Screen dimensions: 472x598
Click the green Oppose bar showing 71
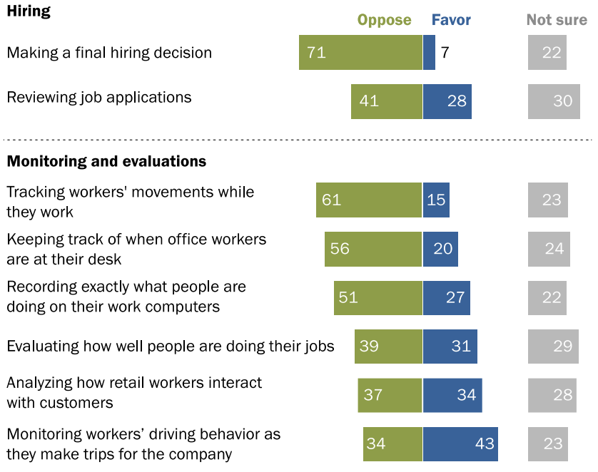[x=360, y=53]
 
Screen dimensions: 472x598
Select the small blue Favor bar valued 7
[x=429, y=53]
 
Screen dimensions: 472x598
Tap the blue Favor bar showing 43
[x=460, y=443]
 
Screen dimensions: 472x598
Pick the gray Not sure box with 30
[x=554, y=101]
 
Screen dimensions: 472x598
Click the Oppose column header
[x=385, y=20]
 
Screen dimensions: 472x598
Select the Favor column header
[x=451, y=20]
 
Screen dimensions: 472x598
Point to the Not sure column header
[x=557, y=20]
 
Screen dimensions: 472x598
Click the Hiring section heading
[x=29, y=12]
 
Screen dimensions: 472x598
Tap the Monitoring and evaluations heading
[x=106, y=161]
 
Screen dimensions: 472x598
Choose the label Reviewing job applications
[x=99, y=98]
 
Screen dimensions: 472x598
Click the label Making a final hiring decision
[x=109, y=53]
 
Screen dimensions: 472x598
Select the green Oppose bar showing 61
[x=369, y=200]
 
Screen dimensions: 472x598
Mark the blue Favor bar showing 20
[x=440, y=249]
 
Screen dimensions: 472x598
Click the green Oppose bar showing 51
[x=378, y=297]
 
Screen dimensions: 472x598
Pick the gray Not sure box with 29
[x=554, y=347]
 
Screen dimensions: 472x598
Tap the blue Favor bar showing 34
[x=452, y=394]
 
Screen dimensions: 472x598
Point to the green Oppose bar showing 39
[x=389, y=347]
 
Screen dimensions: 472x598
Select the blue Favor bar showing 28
[x=447, y=101]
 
